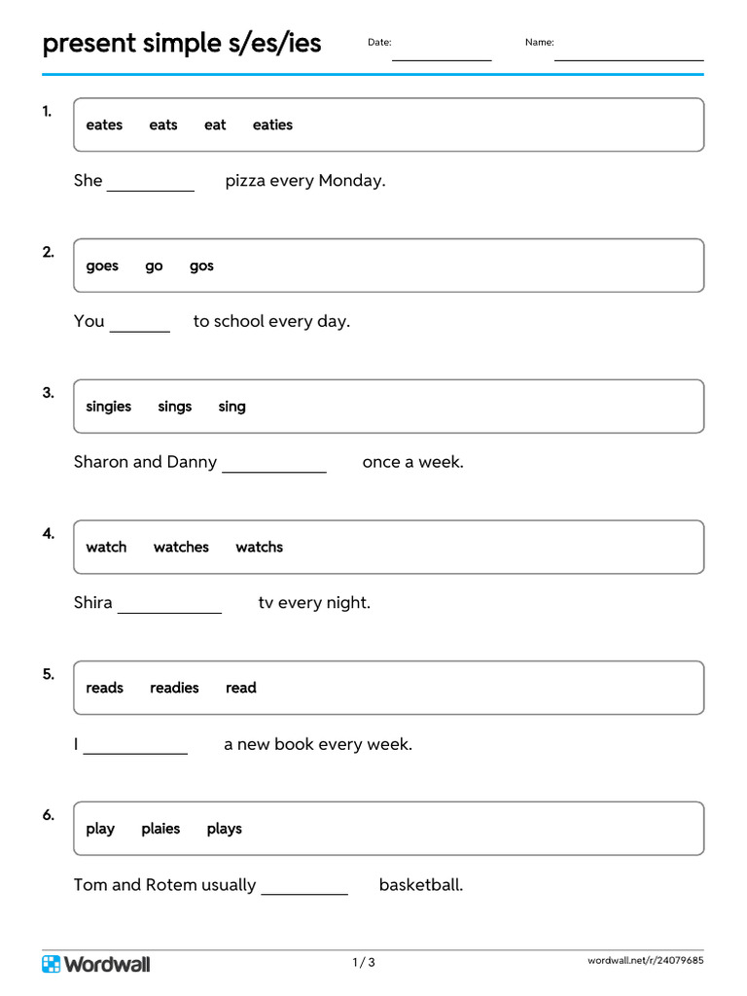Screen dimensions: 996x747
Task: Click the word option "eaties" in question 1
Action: coord(272,124)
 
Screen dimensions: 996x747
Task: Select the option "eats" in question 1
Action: coord(163,124)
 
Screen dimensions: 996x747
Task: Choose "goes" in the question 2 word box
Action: coord(102,266)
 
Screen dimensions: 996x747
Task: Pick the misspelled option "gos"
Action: coord(201,266)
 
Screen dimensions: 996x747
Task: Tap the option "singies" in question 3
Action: coord(108,407)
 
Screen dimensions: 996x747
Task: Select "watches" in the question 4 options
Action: coord(181,547)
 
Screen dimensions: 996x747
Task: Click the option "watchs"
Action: coord(259,547)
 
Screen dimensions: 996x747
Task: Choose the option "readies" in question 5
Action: coord(174,688)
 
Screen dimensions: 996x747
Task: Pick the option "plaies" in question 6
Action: coord(160,829)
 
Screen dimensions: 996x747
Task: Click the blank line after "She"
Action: coord(151,187)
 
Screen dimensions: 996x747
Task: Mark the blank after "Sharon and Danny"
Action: coord(274,468)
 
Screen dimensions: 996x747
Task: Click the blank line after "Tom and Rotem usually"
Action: coord(304,890)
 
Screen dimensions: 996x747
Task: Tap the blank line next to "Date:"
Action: coord(442,56)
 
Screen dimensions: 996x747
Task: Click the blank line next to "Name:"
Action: coord(628,56)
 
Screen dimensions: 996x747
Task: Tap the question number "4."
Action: coord(49,533)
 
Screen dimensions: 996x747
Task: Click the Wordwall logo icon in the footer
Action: coord(52,964)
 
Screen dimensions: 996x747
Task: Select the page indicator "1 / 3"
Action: coord(364,963)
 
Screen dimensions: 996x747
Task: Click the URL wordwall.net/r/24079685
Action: coord(645,961)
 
